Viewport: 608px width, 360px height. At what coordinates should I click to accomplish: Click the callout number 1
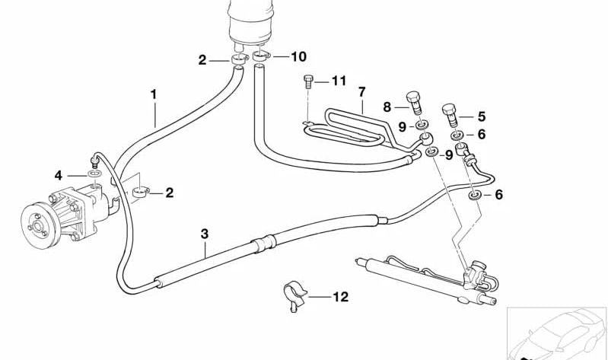point(154,95)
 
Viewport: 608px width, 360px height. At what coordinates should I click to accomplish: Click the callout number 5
point(481,117)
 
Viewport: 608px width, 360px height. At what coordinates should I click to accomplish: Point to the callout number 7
point(362,92)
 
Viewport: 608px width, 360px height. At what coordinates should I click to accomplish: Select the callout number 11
point(339,80)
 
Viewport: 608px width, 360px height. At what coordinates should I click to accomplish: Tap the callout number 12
point(340,297)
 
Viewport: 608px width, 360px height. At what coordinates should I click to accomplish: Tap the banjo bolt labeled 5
point(449,113)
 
